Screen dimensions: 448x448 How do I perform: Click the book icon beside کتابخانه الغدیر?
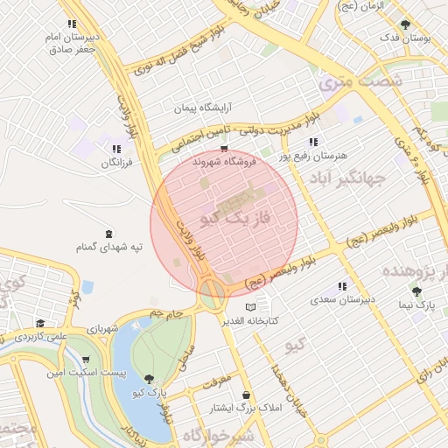pyautogui.click(x=252, y=307)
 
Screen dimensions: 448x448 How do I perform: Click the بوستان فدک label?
pyautogui.click(x=402, y=39)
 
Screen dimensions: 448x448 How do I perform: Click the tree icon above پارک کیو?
pyautogui.click(x=150, y=379)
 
